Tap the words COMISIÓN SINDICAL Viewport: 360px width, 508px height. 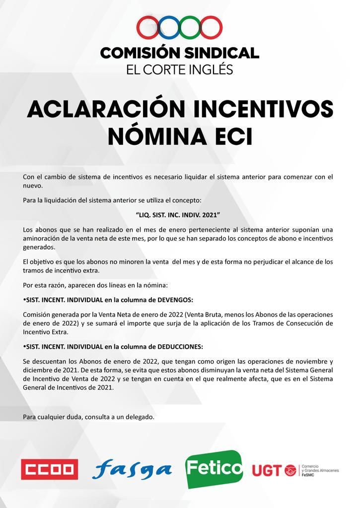[180, 53]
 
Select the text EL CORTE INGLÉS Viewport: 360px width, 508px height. [180, 69]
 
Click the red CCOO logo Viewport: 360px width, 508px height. [49, 469]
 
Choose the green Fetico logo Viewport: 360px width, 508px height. [214, 468]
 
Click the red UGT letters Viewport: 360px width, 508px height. [268, 470]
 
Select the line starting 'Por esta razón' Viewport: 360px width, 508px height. [95, 285]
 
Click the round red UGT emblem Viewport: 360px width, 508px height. [290, 470]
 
